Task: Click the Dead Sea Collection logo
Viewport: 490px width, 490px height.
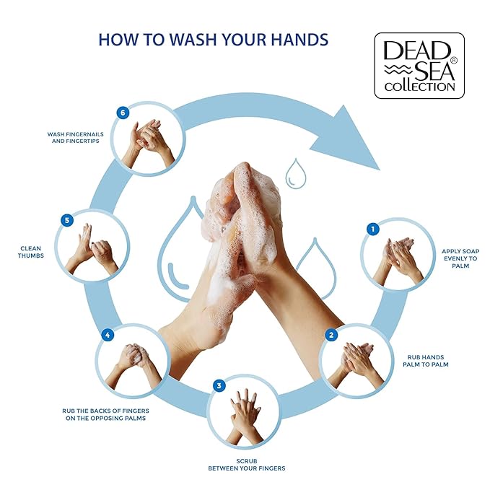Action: [x=419, y=65]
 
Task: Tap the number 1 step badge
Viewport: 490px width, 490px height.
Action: [x=372, y=229]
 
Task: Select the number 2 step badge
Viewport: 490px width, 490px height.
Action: [x=331, y=335]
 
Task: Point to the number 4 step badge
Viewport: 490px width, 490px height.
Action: [x=108, y=335]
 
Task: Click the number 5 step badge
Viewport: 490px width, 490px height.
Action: [x=67, y=220]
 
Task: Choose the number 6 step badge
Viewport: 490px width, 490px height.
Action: [x=123, y=113]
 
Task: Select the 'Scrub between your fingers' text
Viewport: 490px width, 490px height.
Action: [x=246, y=464]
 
